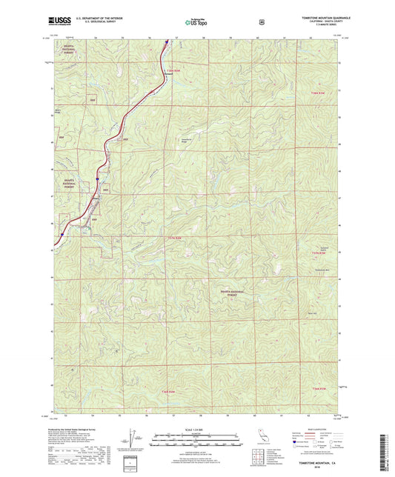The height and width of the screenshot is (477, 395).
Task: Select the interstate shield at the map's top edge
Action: (x=166, y=42)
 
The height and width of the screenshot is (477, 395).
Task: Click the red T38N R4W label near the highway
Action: (x=172, y=69)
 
